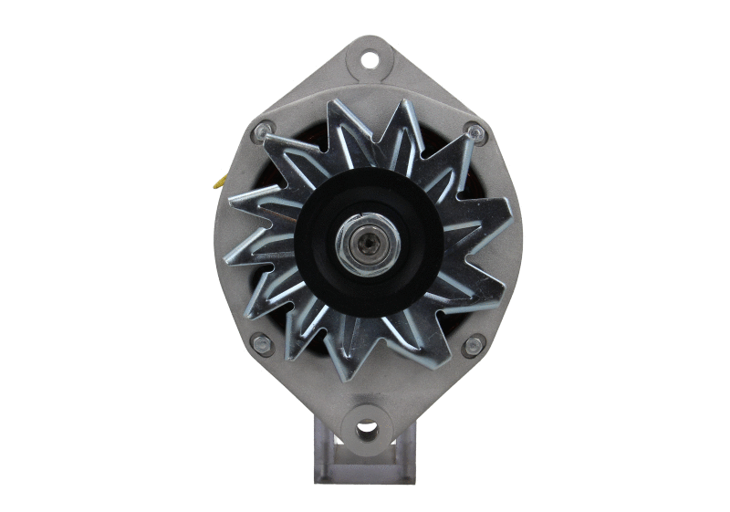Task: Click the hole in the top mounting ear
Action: tap(369, 61)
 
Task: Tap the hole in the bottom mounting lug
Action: tap(367, 428)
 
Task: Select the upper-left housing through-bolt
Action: tap(264, 131)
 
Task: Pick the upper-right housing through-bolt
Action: tap(473, 131)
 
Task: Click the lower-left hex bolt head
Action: tap(262, 344)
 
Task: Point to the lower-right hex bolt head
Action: tap(473, 345)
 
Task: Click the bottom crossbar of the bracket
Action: tap(366, 474)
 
